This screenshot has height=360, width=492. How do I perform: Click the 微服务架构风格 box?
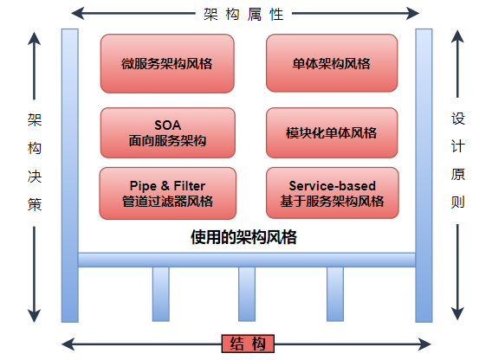(x=167, y=63)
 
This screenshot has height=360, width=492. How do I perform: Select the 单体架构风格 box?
(x=332, y=63)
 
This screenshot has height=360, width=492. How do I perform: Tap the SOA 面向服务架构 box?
(x=167, y=132)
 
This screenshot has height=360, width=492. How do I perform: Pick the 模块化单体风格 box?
(x=332, y=132)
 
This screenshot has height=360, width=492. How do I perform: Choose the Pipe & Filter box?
(x=167, y=193)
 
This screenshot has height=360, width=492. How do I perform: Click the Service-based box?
(x=332, y=193)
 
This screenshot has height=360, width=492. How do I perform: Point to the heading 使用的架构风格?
(x=243, y=236)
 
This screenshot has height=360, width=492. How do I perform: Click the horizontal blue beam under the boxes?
(x=247, y=259)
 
